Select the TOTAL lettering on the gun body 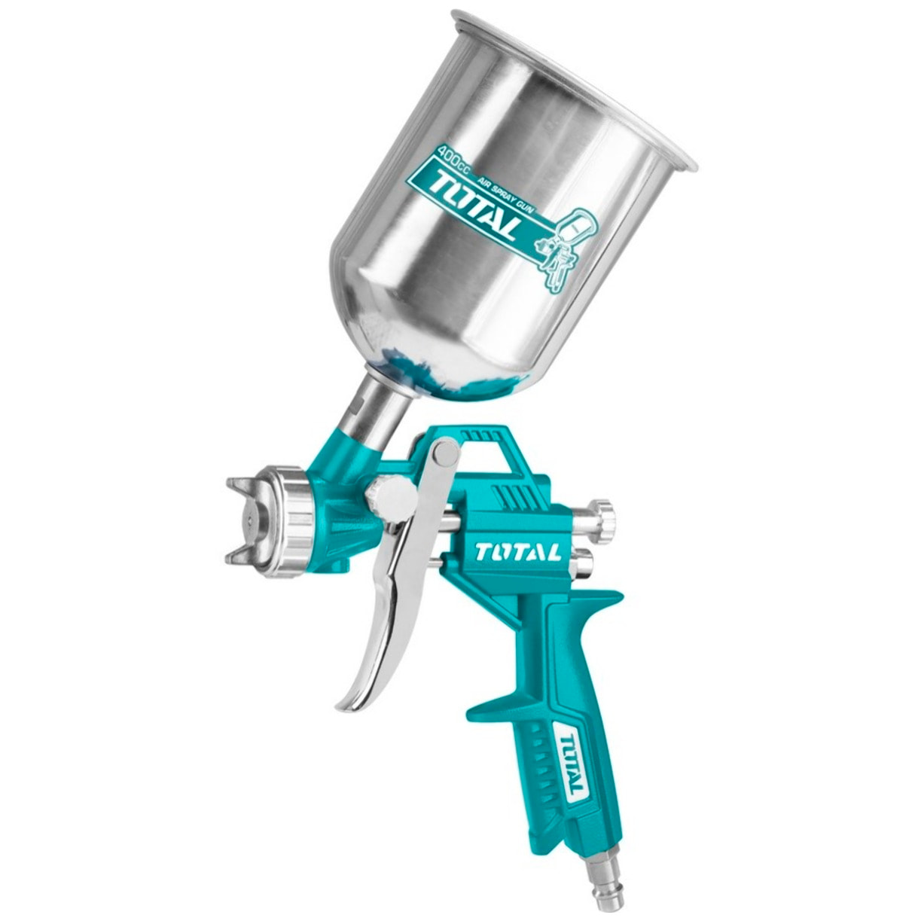518,552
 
